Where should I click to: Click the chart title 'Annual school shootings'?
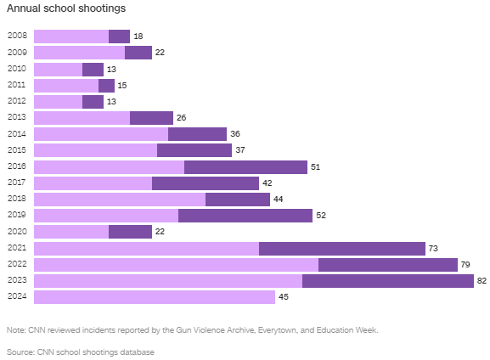[x=66, y=8]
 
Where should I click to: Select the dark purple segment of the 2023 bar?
[x=387, y=281]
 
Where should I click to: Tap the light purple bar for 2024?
[x=154, y=297]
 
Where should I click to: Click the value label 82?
[x=482, y=281]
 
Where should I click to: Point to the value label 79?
[x=465, y=265]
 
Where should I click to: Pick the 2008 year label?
[x=16, y=37]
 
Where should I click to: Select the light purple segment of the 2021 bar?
[x=146, y=249]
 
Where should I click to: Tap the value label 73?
[x=433, y=249]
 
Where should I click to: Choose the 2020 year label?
[x=16, y=232]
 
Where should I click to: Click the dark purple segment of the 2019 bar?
[x=245, y=216]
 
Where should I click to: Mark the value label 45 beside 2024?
[x=284, y=297]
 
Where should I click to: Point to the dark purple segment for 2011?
[x=106, y=86]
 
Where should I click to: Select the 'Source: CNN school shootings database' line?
[x=81, y=351]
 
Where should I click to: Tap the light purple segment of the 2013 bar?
[x=82, y=118]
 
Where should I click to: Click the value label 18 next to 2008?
[x=138, y=37]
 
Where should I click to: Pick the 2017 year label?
[x=16, y=183]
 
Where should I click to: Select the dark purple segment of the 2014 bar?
[x=197, y=134]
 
